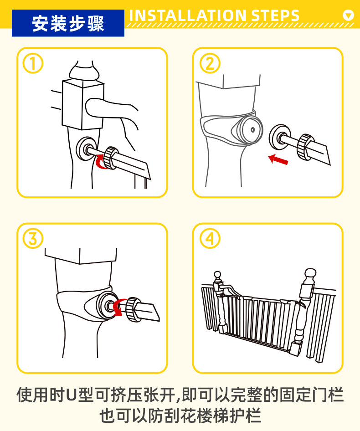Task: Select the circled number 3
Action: click(x=33, y=238)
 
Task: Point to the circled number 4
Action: click(x=210, y=238)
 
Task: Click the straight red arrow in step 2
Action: click(x=278, y=159)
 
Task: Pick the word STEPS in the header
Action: click(x=275, y=16)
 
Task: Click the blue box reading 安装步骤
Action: click(x=68, y=23)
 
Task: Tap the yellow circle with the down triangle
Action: click(x=348, y=15)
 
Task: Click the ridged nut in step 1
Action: click(x=111, y=157)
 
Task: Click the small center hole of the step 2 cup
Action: click(x=252, y=129)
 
